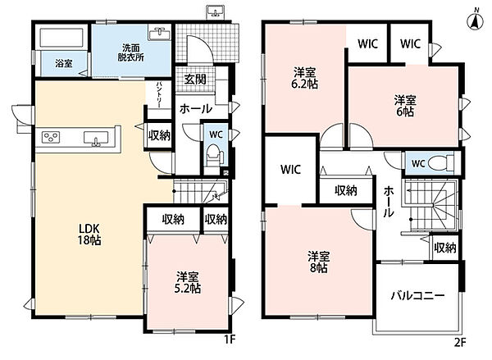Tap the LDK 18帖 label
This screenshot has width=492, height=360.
point(89,235)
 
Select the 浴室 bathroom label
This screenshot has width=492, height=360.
point(64,64)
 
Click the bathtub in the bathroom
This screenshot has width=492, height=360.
point(61,38)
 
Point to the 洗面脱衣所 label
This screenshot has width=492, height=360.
point(131,52)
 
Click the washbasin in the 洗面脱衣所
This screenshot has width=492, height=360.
point(160,34)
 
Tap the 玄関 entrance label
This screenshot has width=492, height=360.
point(195,80)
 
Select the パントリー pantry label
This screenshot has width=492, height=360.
point(159,95)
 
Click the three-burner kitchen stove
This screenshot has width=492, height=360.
point(51,137)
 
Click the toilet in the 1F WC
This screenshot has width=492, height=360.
point(216,155)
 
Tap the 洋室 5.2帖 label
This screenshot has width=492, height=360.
point(187,282)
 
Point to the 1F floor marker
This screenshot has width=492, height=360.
point(230,340)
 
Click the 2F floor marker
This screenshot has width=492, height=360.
point(460,342)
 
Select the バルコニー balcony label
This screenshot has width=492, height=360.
point(417,296)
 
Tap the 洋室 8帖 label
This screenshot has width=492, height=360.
point(318,262)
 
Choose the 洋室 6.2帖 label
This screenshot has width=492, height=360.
point(305,78)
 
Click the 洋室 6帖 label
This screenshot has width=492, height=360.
point(405,106)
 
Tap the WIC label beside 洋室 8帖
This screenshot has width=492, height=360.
point(290,170)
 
